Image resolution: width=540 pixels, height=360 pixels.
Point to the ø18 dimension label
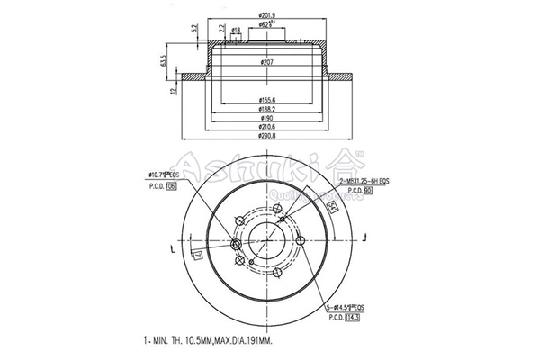point(237,31)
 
